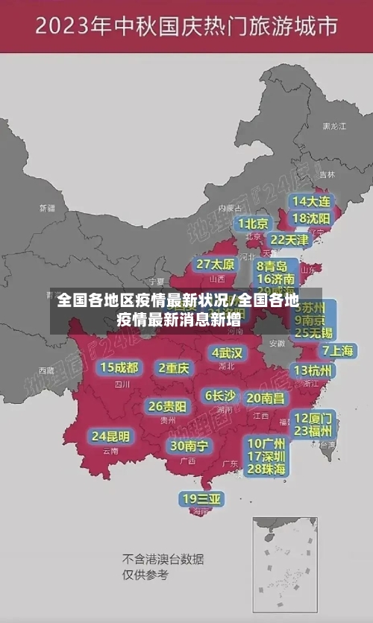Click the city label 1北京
(253, 224)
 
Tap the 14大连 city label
(311, 201)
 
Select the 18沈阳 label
(311, 218)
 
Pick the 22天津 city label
(289, 239)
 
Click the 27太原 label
(216, 264)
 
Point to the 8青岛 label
(273, 265)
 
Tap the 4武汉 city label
(227, 352)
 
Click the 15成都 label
(119, 367)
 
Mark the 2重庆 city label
(175, 367)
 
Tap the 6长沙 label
(220, 395)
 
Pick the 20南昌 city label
(266, 398)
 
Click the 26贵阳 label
(167, 406)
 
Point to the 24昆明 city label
(110, 435)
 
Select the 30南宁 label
(189, 446)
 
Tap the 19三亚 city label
(201, 498)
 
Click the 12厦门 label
(313, 417)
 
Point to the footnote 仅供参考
(145, 575)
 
